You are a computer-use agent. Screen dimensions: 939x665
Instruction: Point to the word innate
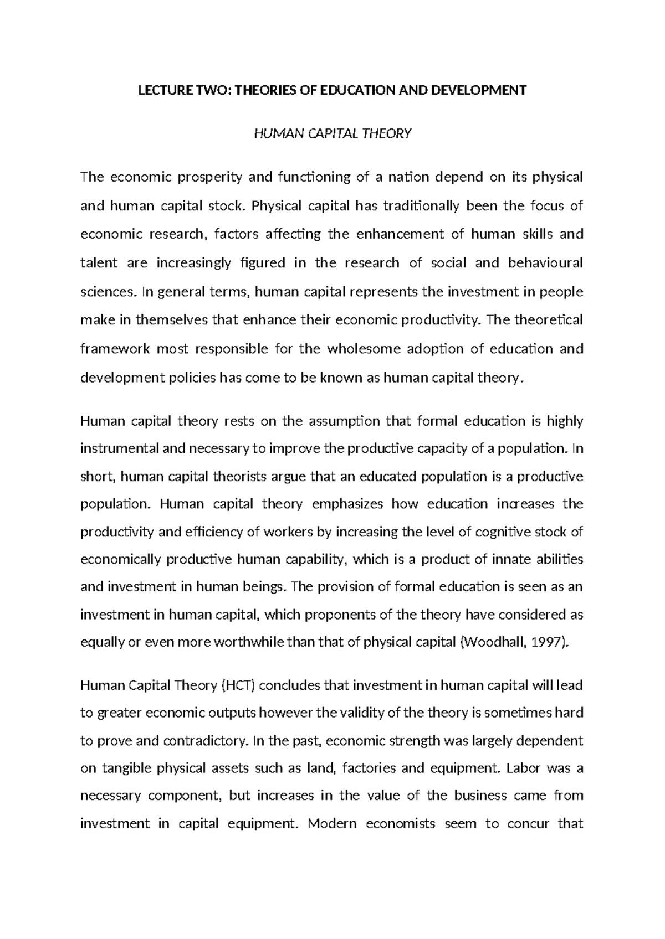click(x=510, y=559)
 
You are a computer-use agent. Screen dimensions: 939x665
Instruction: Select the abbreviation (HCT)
click(x=238, y=686)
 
